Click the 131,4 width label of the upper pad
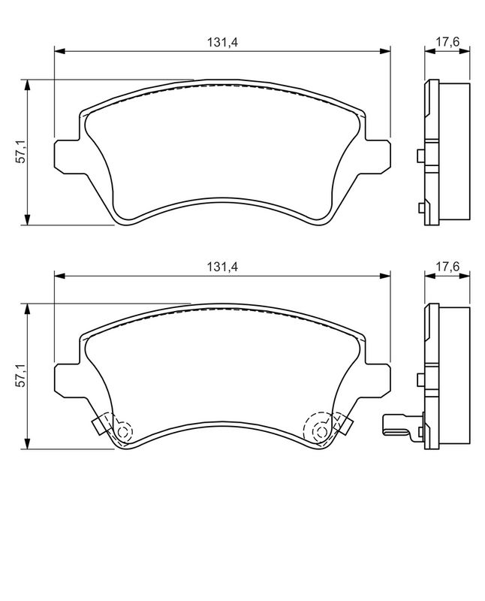tap(223, 43)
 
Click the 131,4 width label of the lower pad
tap(223, 267)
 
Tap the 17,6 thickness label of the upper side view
tap(447, 43)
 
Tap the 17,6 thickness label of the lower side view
tap(447, 267)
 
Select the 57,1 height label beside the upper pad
tap(22, 153)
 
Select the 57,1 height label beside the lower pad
tap(22, 376)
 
